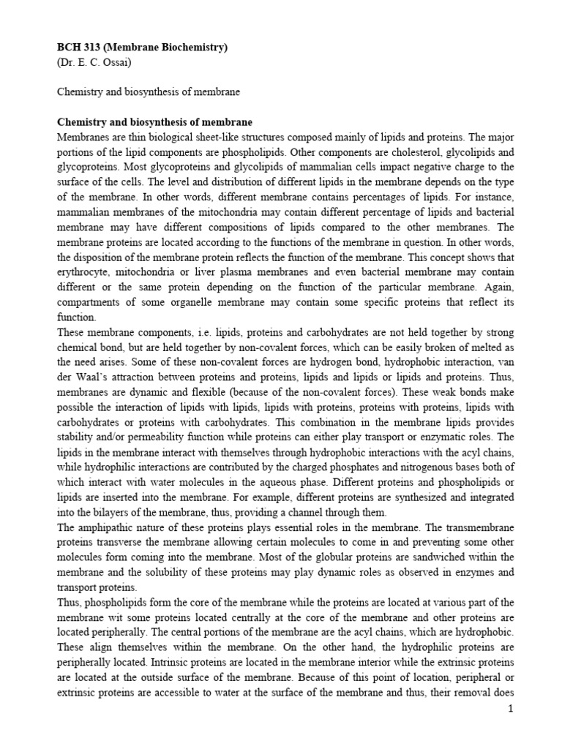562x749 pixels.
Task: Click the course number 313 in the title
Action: point(89,48)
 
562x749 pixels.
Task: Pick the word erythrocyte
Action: point(81,257)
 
